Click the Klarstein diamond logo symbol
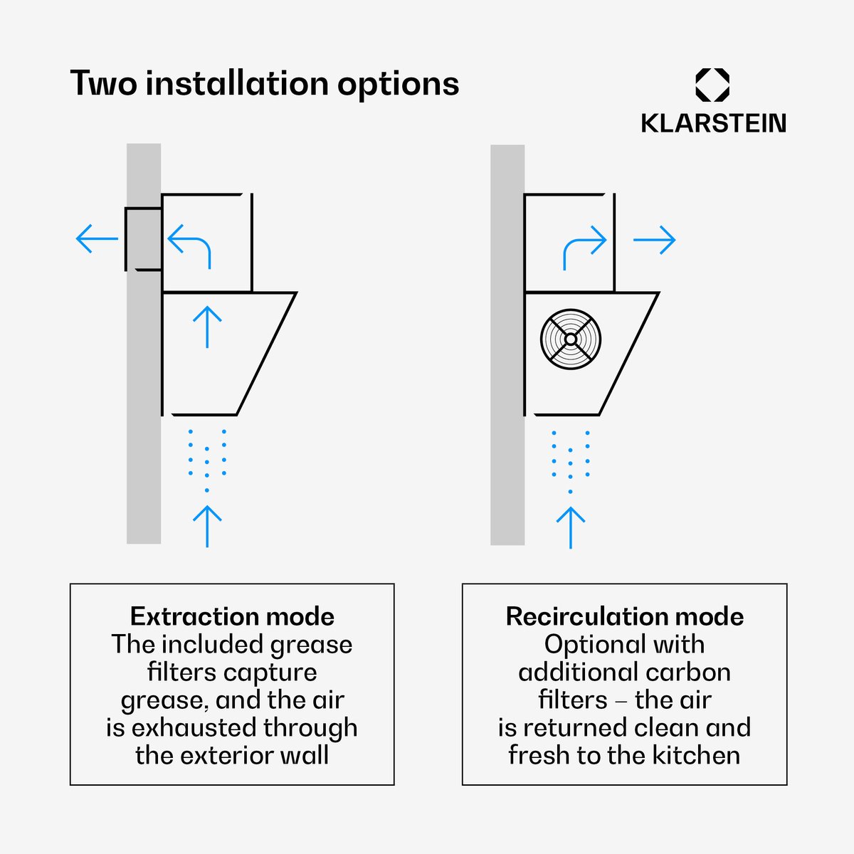coord(712,85)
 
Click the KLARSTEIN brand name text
coord(714,123)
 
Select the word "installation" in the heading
coord(237,83)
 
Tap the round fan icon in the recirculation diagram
coord(571,339)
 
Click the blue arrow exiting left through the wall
coord(97,238)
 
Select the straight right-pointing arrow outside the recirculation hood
coord(654,240)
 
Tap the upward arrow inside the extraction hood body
coord(207,327)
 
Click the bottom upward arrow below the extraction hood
coord(207,526)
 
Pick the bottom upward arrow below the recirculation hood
coord(571,528)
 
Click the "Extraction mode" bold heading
coord(232,616)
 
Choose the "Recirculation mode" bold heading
coord(625,616)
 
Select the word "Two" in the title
coord(104,83)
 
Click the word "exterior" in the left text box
coord(223,756)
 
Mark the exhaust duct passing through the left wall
coord(143,239)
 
